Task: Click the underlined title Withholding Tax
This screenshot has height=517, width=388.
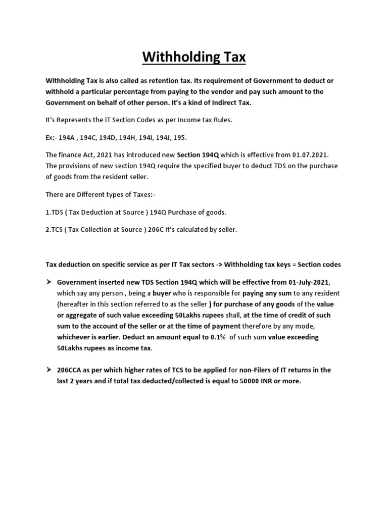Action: [x=194, y=57]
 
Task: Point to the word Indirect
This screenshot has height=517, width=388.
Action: [x=218, y=102]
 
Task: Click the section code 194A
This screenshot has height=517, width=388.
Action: [x=66, y=137]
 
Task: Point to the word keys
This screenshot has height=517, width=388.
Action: [x=276, y=264]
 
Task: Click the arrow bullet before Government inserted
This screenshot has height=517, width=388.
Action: [x=50, y=282]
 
